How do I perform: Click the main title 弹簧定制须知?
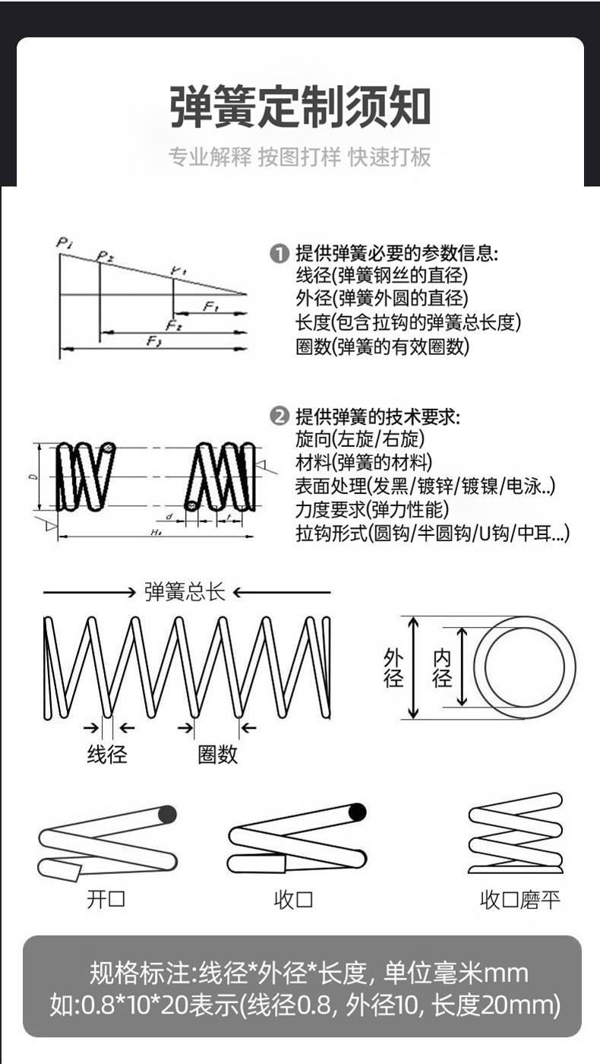pos(300,107)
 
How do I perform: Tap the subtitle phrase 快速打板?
pos(390,157)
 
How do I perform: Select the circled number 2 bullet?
pos(279,416)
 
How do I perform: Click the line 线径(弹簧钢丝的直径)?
pos(381,276)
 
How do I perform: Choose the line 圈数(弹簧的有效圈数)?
pos(382,347)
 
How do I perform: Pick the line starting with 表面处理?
pos(425,486)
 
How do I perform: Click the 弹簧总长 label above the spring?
pos(185,593)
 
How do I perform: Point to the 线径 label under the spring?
pos(107,754)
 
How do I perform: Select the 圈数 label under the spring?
pos(217,754)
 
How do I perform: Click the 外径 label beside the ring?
pos(393,667)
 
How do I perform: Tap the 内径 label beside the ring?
pos(442,667)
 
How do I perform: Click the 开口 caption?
pos(106,900)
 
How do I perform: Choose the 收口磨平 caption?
pos(519,901)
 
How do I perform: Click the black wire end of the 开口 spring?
pos(168,815)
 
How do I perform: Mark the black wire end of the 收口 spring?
pos(357,812)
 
